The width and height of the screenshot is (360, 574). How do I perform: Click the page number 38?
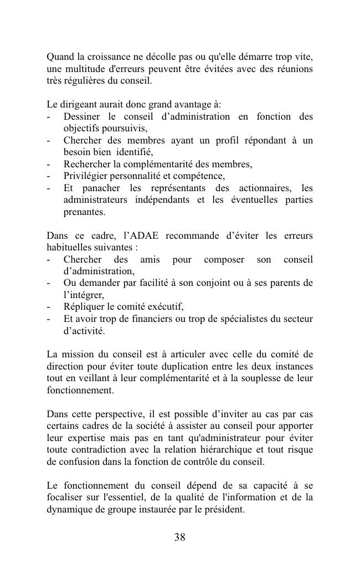point(179,536)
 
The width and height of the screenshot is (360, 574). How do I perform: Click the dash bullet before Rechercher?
point(50,165)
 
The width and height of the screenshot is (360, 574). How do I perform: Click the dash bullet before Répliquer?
point(50,307)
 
